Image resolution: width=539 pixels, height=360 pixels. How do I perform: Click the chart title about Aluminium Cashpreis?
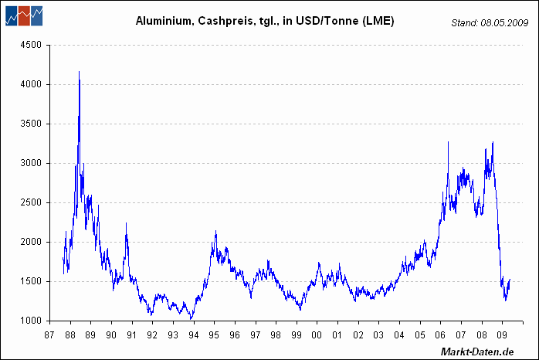(265, 22)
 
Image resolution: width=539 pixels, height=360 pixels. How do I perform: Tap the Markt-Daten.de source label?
(476, 352)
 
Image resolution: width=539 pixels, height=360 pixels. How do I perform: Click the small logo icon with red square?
(24, 15)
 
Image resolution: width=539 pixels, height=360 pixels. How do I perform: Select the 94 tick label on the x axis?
(193, 336)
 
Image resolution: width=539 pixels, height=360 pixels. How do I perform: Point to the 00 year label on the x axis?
(317, 336)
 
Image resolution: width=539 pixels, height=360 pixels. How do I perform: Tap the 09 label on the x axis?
(501, 336)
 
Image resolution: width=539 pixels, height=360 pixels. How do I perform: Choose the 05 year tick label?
(419, 336)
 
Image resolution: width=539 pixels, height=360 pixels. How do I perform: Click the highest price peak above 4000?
(79, 72)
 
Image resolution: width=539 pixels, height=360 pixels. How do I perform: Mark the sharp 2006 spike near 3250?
(448, 142)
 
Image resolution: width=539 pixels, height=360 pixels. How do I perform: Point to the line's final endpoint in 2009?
(510, 280)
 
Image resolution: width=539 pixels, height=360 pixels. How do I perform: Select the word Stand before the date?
(466, 23)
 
